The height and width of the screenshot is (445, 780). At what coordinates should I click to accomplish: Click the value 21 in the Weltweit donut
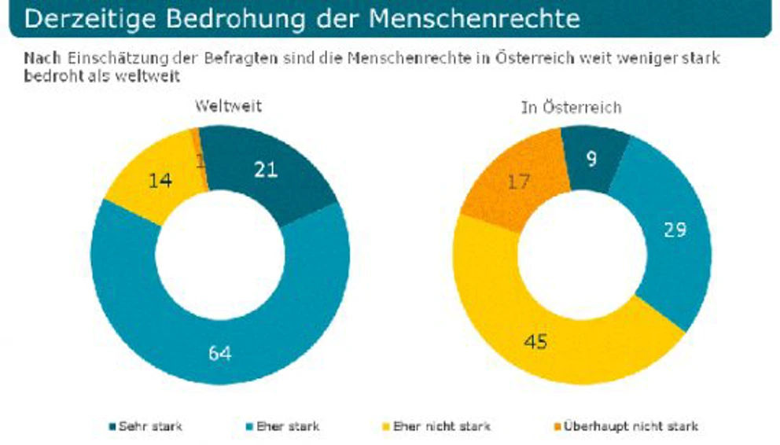pyautogui.click(x=266, y=170)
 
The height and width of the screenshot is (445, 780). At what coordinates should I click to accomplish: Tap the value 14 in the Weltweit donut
pyautogui.click(x=161, y=180)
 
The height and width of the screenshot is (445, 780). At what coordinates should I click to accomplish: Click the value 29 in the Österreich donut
pyautogui.click(x=675, y=230)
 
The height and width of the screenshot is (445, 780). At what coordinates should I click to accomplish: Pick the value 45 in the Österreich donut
pyautogui.click(x=536, y=343)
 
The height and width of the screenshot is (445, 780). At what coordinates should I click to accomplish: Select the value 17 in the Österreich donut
pyautogui.click(x=517, y=182)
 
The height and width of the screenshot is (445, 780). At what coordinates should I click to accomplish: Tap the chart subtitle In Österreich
pyautogui.click(x=571, y=106)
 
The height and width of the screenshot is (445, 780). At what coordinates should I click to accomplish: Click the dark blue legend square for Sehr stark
pyautogui.click(x=112, y=427)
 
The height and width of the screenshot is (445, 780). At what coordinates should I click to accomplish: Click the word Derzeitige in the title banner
pyautogui.click(x=83, y=18)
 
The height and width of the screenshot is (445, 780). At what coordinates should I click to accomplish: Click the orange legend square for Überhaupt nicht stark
pyautogui.click(x=559, y=427)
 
